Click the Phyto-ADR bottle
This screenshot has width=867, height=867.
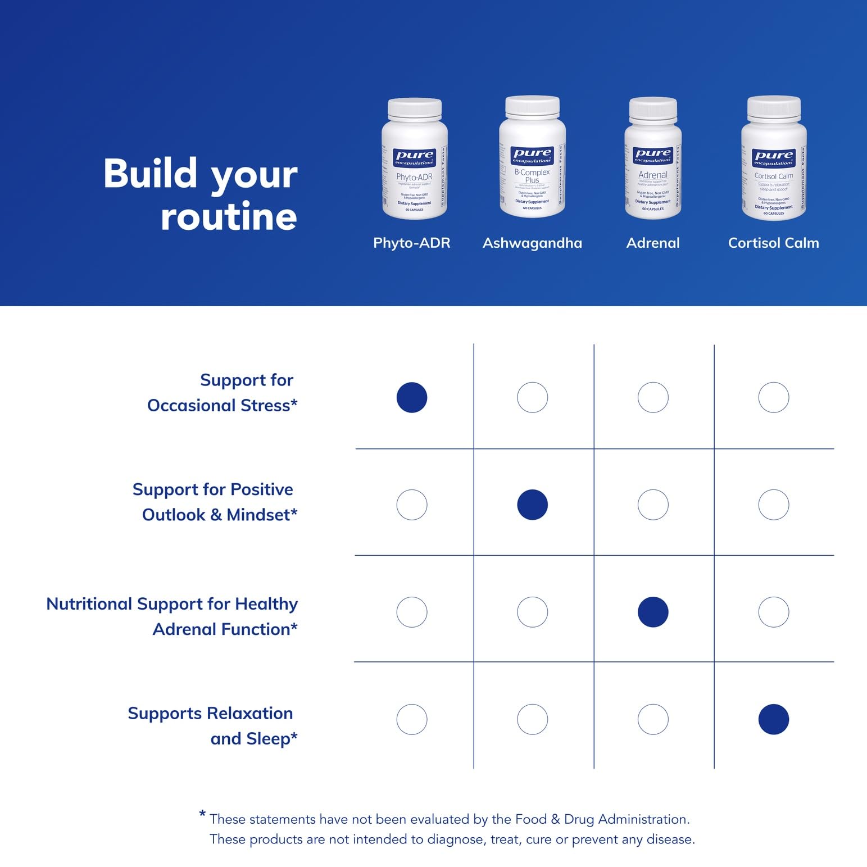(x=414, y=160)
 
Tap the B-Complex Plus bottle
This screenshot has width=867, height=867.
(x=532, y=157)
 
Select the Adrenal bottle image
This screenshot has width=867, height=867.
(x=653, y=159)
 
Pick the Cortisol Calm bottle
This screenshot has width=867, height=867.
(x=774, y=159)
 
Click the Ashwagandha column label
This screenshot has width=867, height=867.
(x=532, y=243)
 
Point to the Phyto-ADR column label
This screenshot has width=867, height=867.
(x=412, y=243)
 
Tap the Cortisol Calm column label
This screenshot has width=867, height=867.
(x=773, y=243)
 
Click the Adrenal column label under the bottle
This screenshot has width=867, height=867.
(x=653, y=243)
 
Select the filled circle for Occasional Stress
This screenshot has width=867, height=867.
(x=412, y=397)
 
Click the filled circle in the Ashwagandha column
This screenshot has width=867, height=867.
(x=532, y=505)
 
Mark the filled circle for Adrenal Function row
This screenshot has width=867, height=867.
(x=653, y=612)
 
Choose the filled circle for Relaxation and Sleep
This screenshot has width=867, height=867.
(x=774, y=719)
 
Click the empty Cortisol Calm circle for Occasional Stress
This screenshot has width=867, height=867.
(x=774, y=397)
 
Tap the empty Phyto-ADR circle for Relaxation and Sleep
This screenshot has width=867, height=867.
(x=412, y=719)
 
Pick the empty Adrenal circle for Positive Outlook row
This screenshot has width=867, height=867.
(x=653, y=505)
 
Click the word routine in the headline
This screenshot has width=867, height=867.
(x=229, y=217)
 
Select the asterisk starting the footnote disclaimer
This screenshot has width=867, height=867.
(x=202, y=815)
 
